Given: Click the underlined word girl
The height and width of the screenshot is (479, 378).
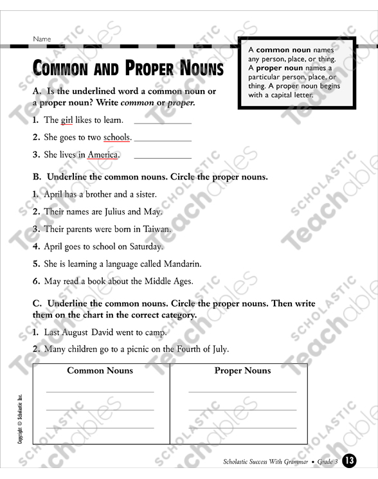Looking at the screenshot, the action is point(67,120).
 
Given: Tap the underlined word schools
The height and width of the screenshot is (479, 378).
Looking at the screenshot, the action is point(117,137).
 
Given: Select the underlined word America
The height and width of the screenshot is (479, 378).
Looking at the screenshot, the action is point(103,154).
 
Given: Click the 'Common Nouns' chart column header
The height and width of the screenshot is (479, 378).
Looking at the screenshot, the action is point(100,370).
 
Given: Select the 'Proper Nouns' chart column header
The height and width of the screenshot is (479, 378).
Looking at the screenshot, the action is point(242,370).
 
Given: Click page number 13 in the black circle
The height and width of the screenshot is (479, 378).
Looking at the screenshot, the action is point(349,461).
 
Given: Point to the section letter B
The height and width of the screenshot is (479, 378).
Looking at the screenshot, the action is point(37,177).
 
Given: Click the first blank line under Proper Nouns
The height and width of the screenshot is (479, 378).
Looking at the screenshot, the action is point(242,390).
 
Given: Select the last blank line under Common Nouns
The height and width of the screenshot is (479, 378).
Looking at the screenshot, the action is point(100,428).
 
